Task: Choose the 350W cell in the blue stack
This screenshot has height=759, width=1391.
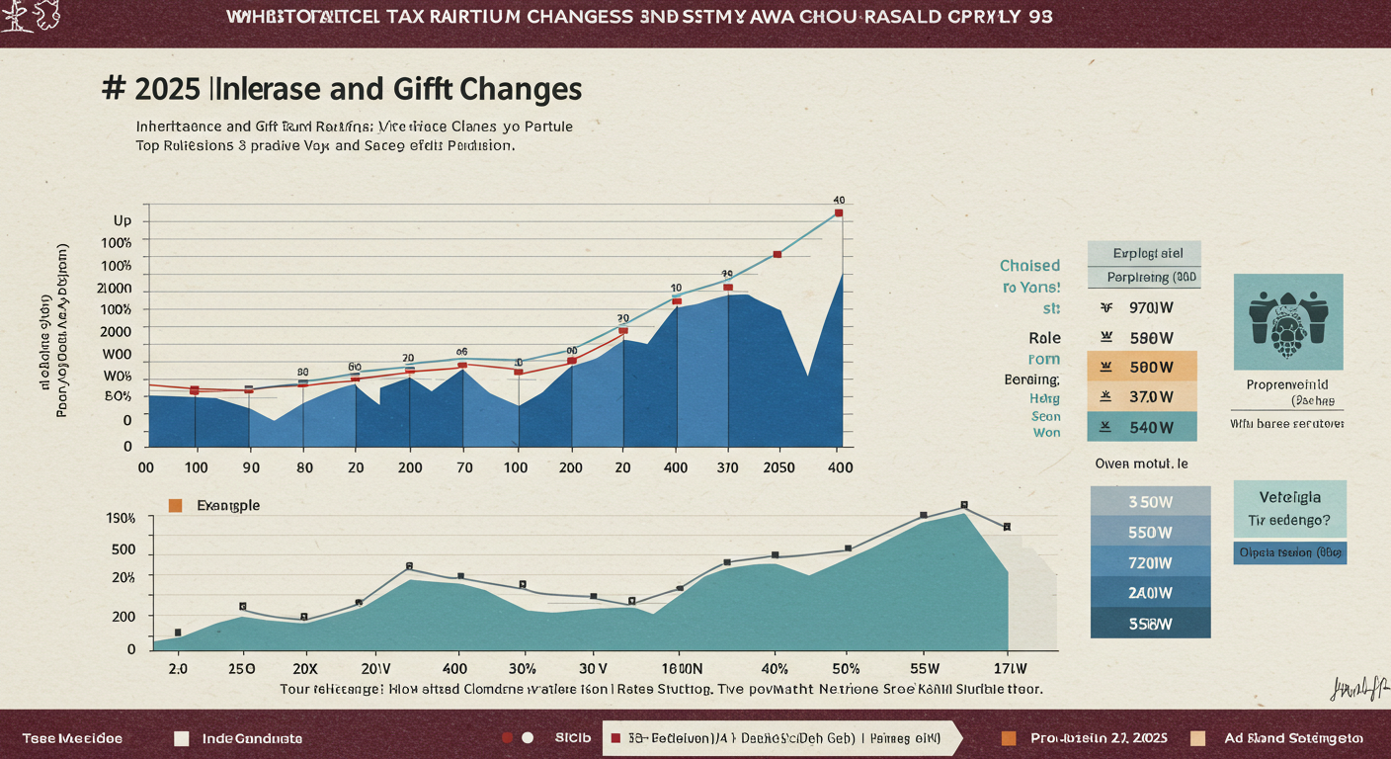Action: click(x=1150, y=502)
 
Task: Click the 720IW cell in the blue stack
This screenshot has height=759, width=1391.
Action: click(x=1150, y=562)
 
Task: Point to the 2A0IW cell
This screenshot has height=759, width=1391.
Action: click(x=1150, y=593)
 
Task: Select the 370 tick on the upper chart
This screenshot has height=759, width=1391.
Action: click(x=726, y=467)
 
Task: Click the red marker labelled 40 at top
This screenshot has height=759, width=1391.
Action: click(x=839, y=212)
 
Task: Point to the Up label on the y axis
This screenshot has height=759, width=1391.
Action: click(x=123, y=220)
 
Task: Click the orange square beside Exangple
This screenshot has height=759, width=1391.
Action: click(x=176, y=505)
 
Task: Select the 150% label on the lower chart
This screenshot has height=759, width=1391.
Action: click(x=120, y=519)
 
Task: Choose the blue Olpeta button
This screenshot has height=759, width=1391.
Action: click(x=1290, y=553)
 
